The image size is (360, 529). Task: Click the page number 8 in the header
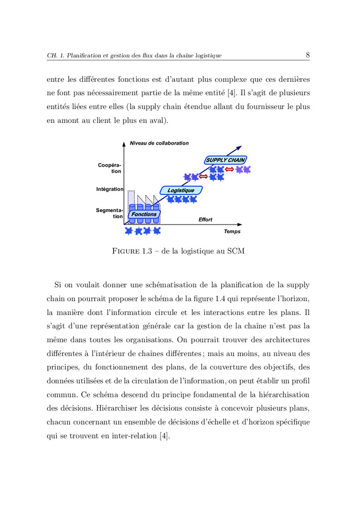[307, 55]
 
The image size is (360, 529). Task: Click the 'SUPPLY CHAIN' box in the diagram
[225, 160]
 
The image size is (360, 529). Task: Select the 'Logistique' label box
[181, 190]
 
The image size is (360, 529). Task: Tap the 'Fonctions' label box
[143, 214]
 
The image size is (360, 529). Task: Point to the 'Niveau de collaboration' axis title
[159, 143]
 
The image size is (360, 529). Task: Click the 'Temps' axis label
[232, 232]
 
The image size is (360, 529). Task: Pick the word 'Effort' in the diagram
[205, 220]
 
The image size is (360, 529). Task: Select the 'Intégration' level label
[110, 189]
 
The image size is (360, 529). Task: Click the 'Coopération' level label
[110, 168]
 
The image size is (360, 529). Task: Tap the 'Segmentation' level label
[110, 213]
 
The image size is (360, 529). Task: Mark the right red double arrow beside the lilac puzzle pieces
[229, 169]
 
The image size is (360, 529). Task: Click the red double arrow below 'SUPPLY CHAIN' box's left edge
[203, 177]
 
